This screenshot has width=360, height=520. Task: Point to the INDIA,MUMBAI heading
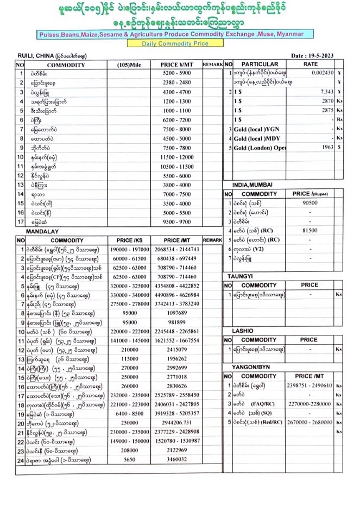tap(255, 185)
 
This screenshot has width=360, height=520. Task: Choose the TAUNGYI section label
tap(239, 276)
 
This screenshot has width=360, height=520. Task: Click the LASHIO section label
tap(238, 330)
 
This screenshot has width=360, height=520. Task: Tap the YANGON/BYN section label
tap(248, 367)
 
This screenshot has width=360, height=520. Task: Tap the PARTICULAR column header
tap(260, 64)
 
